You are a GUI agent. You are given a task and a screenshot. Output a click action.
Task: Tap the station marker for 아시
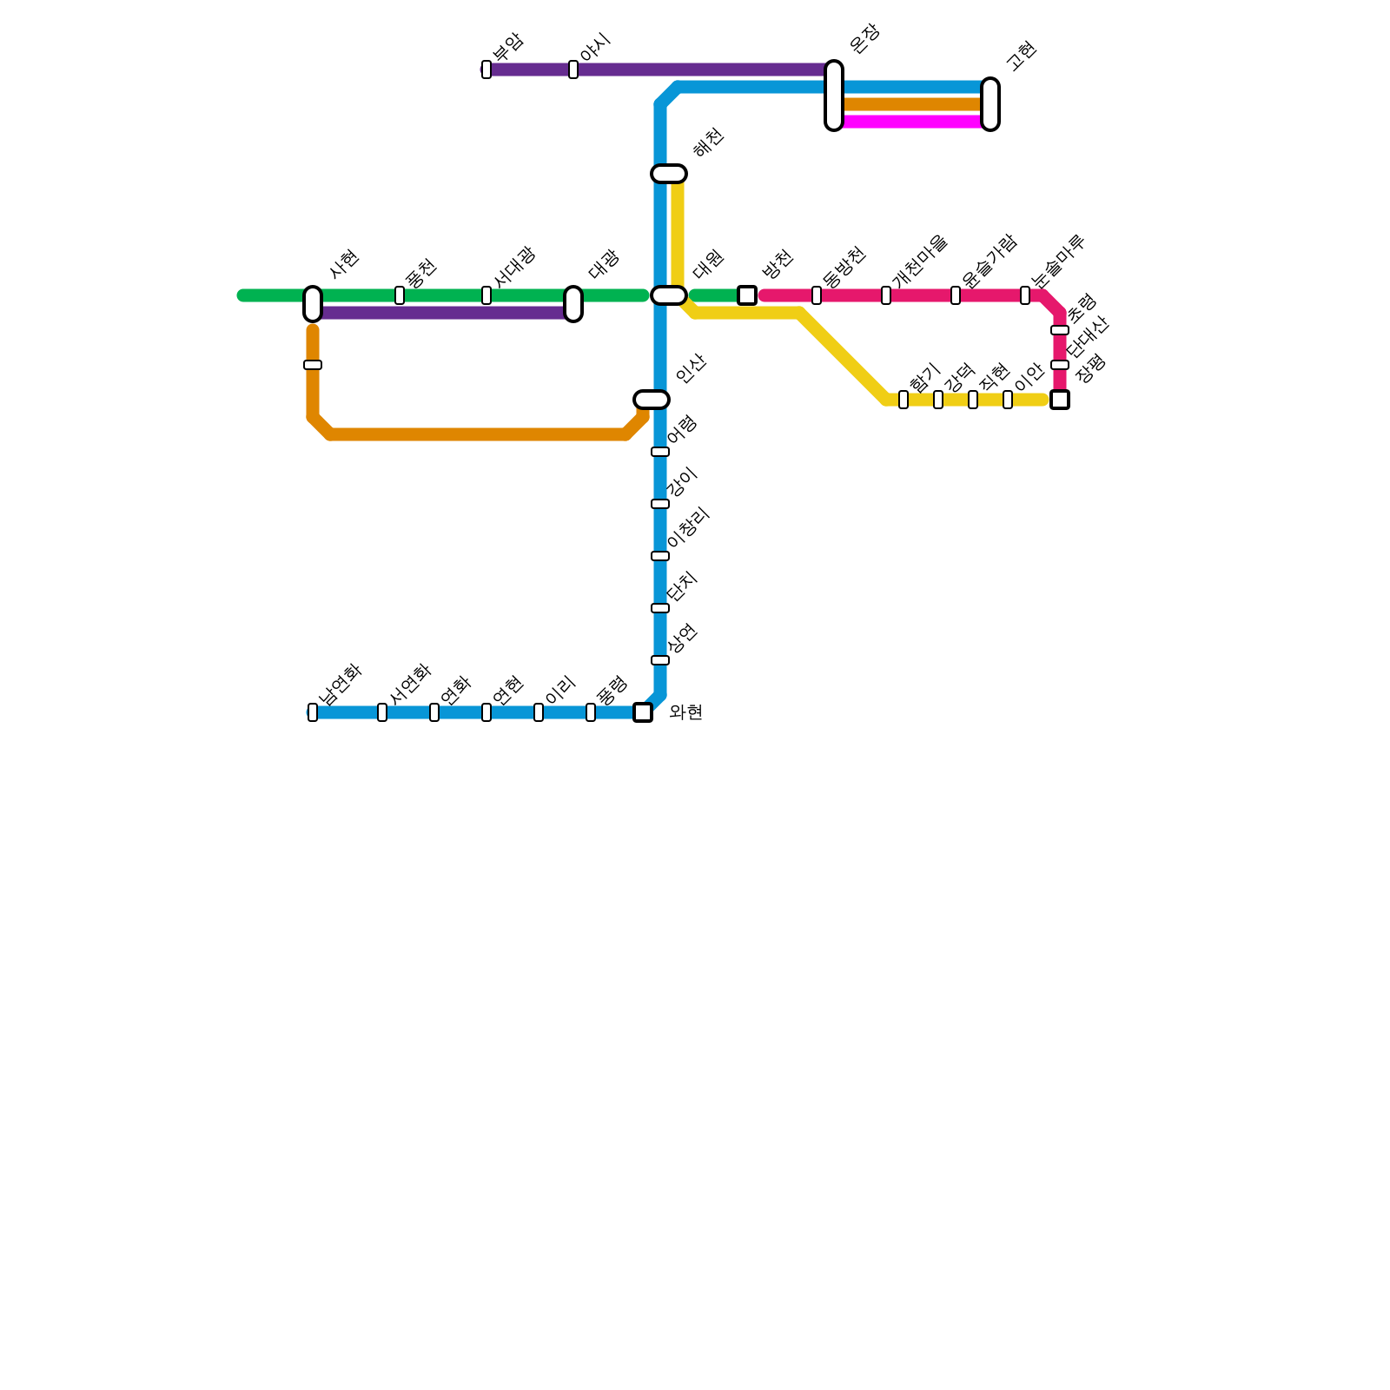(573, 69)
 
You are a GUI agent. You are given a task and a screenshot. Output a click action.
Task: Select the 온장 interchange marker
(834, 96)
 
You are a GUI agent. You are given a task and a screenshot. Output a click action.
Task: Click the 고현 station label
(1021, 56)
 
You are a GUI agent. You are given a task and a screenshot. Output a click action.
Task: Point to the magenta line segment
(912, 122)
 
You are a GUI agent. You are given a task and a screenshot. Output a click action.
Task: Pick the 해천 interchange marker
(669, 174)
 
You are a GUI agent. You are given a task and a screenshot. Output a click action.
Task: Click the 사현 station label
(344, 264)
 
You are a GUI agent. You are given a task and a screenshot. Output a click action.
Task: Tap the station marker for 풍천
(400, 295)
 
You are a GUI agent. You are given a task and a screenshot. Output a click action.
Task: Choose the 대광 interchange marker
(573, 304)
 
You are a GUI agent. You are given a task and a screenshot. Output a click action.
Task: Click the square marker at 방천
(747, 295)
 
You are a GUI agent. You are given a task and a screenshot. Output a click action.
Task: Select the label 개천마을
(918, 260)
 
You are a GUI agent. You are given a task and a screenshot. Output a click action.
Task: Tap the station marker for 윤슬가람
(956, 295)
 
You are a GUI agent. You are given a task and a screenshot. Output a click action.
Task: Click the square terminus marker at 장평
(1060, 400)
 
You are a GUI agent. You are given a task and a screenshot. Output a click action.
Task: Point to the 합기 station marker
(903, 400)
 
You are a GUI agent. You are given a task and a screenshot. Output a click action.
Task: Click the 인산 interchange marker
(652, 400)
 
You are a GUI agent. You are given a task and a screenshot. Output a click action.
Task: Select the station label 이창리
(689, 528)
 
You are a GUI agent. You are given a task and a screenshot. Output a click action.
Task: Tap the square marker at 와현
(643, 712)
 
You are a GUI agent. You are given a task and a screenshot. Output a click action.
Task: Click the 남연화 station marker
(313, 712)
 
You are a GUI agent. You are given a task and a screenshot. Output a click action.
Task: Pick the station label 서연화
(409, 684)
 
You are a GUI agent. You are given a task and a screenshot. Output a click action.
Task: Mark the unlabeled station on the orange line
(313, 365)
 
